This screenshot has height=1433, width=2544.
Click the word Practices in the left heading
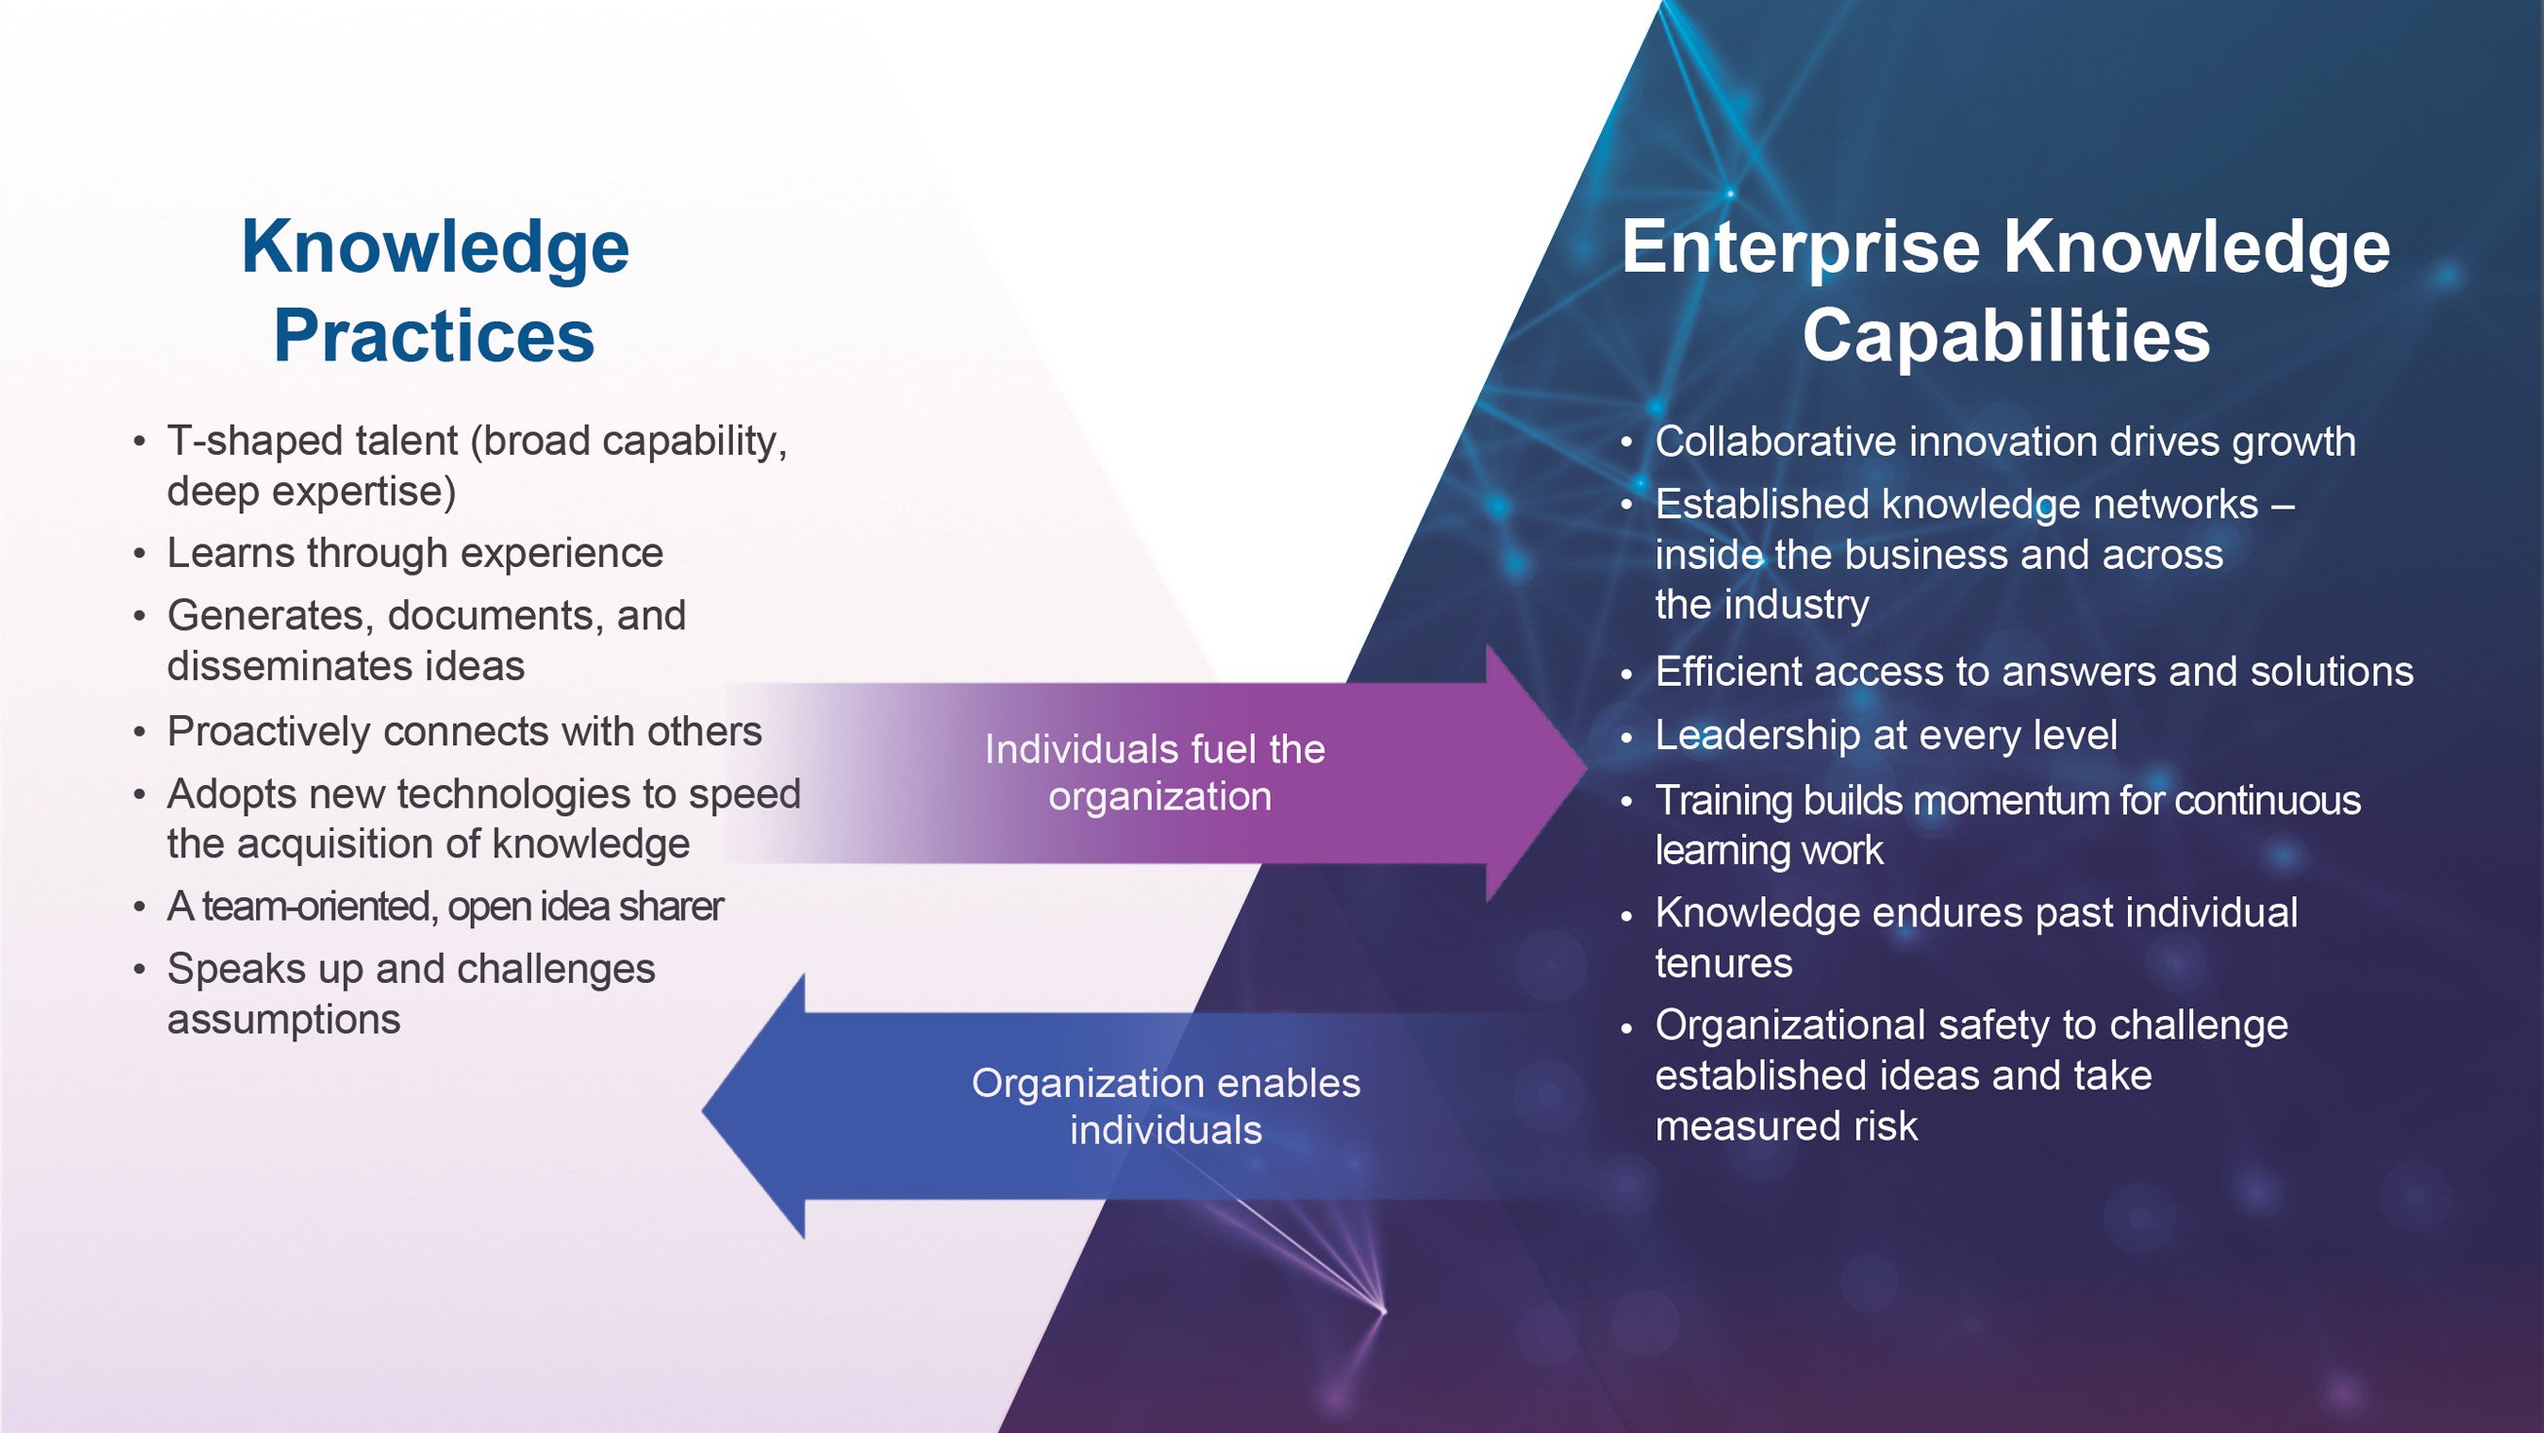[x=434, y=337]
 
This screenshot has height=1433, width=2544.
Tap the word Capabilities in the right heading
[x=2006, y=337]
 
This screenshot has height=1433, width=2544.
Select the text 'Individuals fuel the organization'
[x=1156, y=773]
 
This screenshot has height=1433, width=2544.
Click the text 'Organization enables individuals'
[x=1165, y=1106]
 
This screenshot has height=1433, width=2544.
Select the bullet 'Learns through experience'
[x=415, y=553]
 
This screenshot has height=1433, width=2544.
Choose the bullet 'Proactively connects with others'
[x=464, y=732]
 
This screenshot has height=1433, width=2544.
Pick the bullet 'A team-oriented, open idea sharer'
[x=444, y=907]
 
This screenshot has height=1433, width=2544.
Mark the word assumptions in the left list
[x=284, y=1019]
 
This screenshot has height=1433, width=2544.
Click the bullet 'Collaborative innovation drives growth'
[x=2005, y=441]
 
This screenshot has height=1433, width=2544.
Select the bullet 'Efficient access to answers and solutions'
[x=2033, y=671]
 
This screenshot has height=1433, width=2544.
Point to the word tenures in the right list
[x=1724, y=962]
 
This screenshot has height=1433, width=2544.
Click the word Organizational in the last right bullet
[x=1789, y=1025]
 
